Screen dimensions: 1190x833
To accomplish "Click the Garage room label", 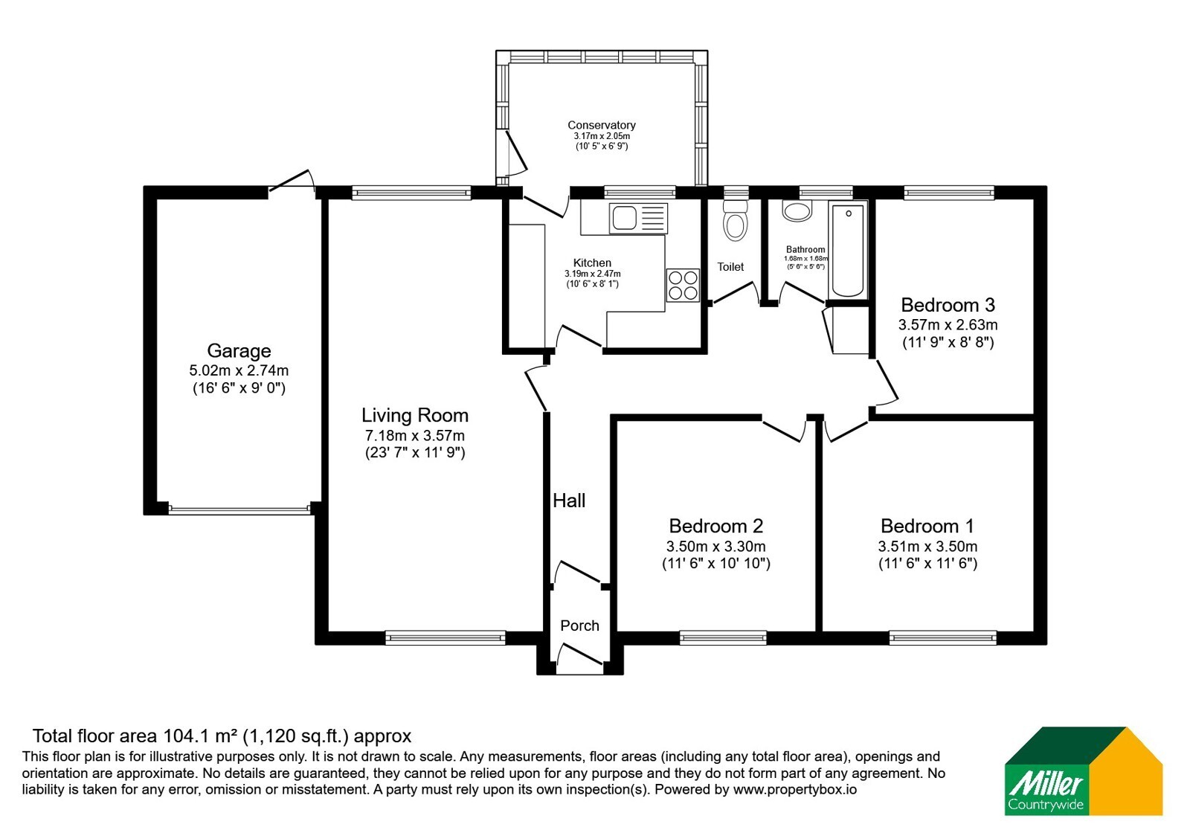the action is click(x=239, y=350).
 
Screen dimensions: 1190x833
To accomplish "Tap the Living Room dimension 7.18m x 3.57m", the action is click(x=414, y=436).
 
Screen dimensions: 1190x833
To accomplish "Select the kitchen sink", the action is click(x=638, y=218).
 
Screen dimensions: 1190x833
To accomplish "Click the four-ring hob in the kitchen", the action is click(x=683, y=286).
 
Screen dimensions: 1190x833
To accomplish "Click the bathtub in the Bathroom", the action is click(x=848, y=249).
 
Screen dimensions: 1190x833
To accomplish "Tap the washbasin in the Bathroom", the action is click(x=797, y=211).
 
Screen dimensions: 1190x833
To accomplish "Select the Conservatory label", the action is click(x=602, y=126).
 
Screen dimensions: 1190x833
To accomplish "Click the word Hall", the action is click(x=569, y=501).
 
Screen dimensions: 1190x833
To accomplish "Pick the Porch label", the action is click(x=579, y=625).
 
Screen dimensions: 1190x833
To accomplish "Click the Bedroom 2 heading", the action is click(x=715, y=526).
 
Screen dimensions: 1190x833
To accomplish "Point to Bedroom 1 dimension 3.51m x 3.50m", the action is click(x=927, y=546).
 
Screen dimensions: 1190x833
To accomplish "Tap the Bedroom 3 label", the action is click(x=948, y=305).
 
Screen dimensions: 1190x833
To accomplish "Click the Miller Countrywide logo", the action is click(x=1083, y=771).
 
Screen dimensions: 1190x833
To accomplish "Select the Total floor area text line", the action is click(x=222, y=736).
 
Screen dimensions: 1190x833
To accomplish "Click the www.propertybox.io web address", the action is click(x=795, y=789).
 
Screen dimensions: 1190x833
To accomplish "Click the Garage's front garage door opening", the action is click(x=239, y=510).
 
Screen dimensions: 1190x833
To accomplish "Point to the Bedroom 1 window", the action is click(x=943, y=637).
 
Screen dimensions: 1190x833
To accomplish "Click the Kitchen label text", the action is click(x=592, y=263).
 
